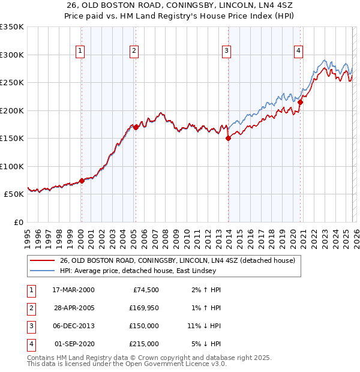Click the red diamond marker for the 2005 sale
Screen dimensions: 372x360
pos(136,127)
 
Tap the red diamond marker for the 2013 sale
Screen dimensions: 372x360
pos(228,138)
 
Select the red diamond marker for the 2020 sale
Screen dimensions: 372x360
pos(300,102)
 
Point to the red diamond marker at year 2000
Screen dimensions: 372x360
pos(82,181)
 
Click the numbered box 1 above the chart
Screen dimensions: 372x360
pos(80,51)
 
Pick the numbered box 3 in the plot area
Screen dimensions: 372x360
pos(227,51)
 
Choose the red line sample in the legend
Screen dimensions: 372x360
pos(43,261)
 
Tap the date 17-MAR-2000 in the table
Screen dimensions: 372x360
pos(73,290)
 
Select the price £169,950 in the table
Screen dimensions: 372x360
pos(144,308)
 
